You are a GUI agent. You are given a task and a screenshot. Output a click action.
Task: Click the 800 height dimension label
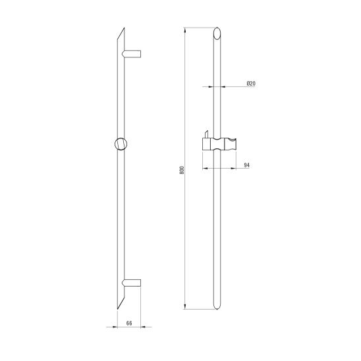(182, 170)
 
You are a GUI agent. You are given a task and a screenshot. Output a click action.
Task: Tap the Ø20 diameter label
(251, 84)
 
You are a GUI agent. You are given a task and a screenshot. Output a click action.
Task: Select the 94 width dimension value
(247, 165)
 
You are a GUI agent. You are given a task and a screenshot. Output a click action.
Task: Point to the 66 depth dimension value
(129, 323)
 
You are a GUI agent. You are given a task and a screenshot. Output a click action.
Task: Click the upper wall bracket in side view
(132, 53)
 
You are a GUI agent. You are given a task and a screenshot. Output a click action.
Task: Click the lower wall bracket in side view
(131, 283)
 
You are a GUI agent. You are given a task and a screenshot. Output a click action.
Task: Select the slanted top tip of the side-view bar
(125, 28)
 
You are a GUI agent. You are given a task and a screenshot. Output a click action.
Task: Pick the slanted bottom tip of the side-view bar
(117, 309)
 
